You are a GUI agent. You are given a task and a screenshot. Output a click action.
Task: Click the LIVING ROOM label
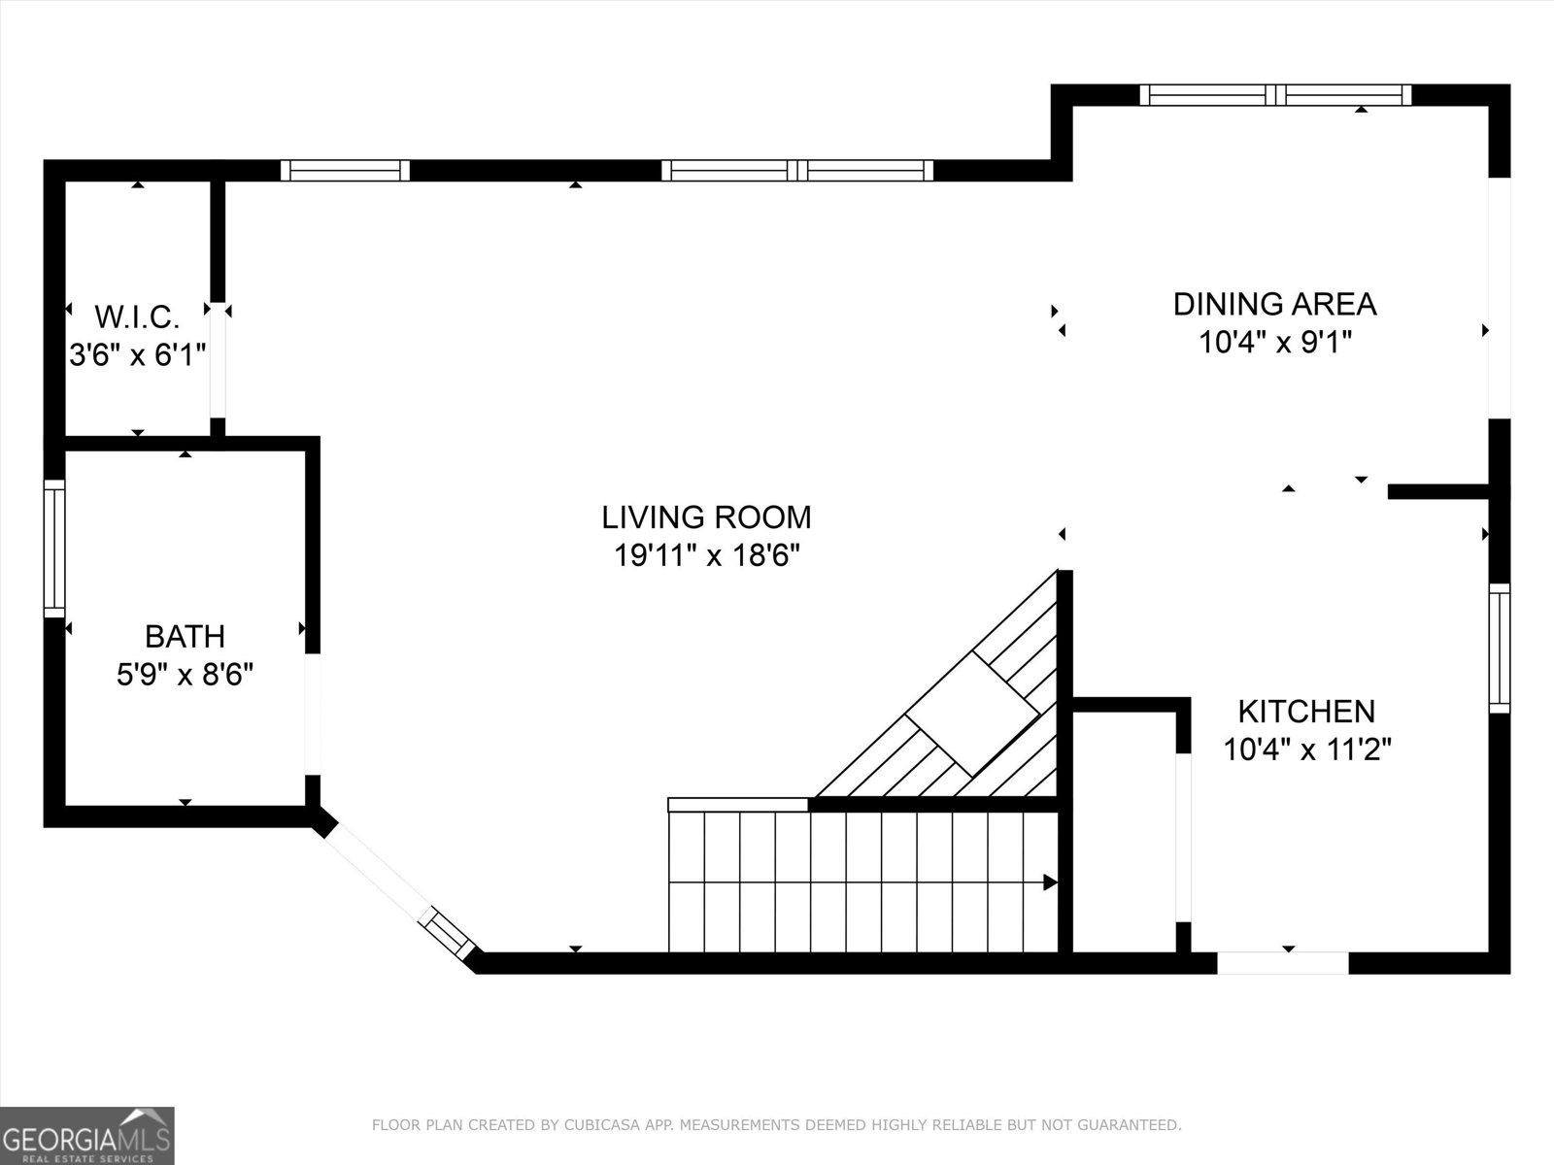(x=706, y=516)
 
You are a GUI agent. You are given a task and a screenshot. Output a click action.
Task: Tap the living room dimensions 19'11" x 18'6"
(x=706, y=556)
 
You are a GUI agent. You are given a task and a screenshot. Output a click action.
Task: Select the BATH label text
(x=185, y=637)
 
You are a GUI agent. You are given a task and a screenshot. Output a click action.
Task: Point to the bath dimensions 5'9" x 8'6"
(x=185, y=675)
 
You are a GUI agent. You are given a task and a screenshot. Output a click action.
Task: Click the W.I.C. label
(x=137, y=316)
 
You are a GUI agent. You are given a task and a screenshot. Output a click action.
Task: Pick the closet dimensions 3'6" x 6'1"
(x=137, y=354)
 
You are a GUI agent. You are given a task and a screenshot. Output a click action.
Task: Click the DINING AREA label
(x=1274, y=304)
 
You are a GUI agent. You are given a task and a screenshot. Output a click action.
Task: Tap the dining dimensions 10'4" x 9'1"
(x=1274, y=343)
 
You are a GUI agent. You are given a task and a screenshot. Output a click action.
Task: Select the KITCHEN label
(x=1306, y=712)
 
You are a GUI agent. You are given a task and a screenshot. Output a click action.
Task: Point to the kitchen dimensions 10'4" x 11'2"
(x=1306, y=749)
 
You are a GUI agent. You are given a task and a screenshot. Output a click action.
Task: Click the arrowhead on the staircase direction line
(x=1050, y=882)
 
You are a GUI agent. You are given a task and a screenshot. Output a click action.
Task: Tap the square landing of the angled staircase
(x=971, y=714)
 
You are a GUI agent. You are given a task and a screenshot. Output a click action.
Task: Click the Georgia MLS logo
(x=86, y=1135)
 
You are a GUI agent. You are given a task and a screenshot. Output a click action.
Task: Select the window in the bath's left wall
(x=54, y=549)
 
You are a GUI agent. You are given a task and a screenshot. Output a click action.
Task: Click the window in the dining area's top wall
(x=1275, y=94)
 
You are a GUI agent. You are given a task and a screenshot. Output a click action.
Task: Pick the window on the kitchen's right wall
(x=1500, y=649)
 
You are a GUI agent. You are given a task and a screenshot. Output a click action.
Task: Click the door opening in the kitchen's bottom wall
(x=1283, y=963)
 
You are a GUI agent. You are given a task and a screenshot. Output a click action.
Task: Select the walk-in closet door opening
(x=218, y=359)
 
